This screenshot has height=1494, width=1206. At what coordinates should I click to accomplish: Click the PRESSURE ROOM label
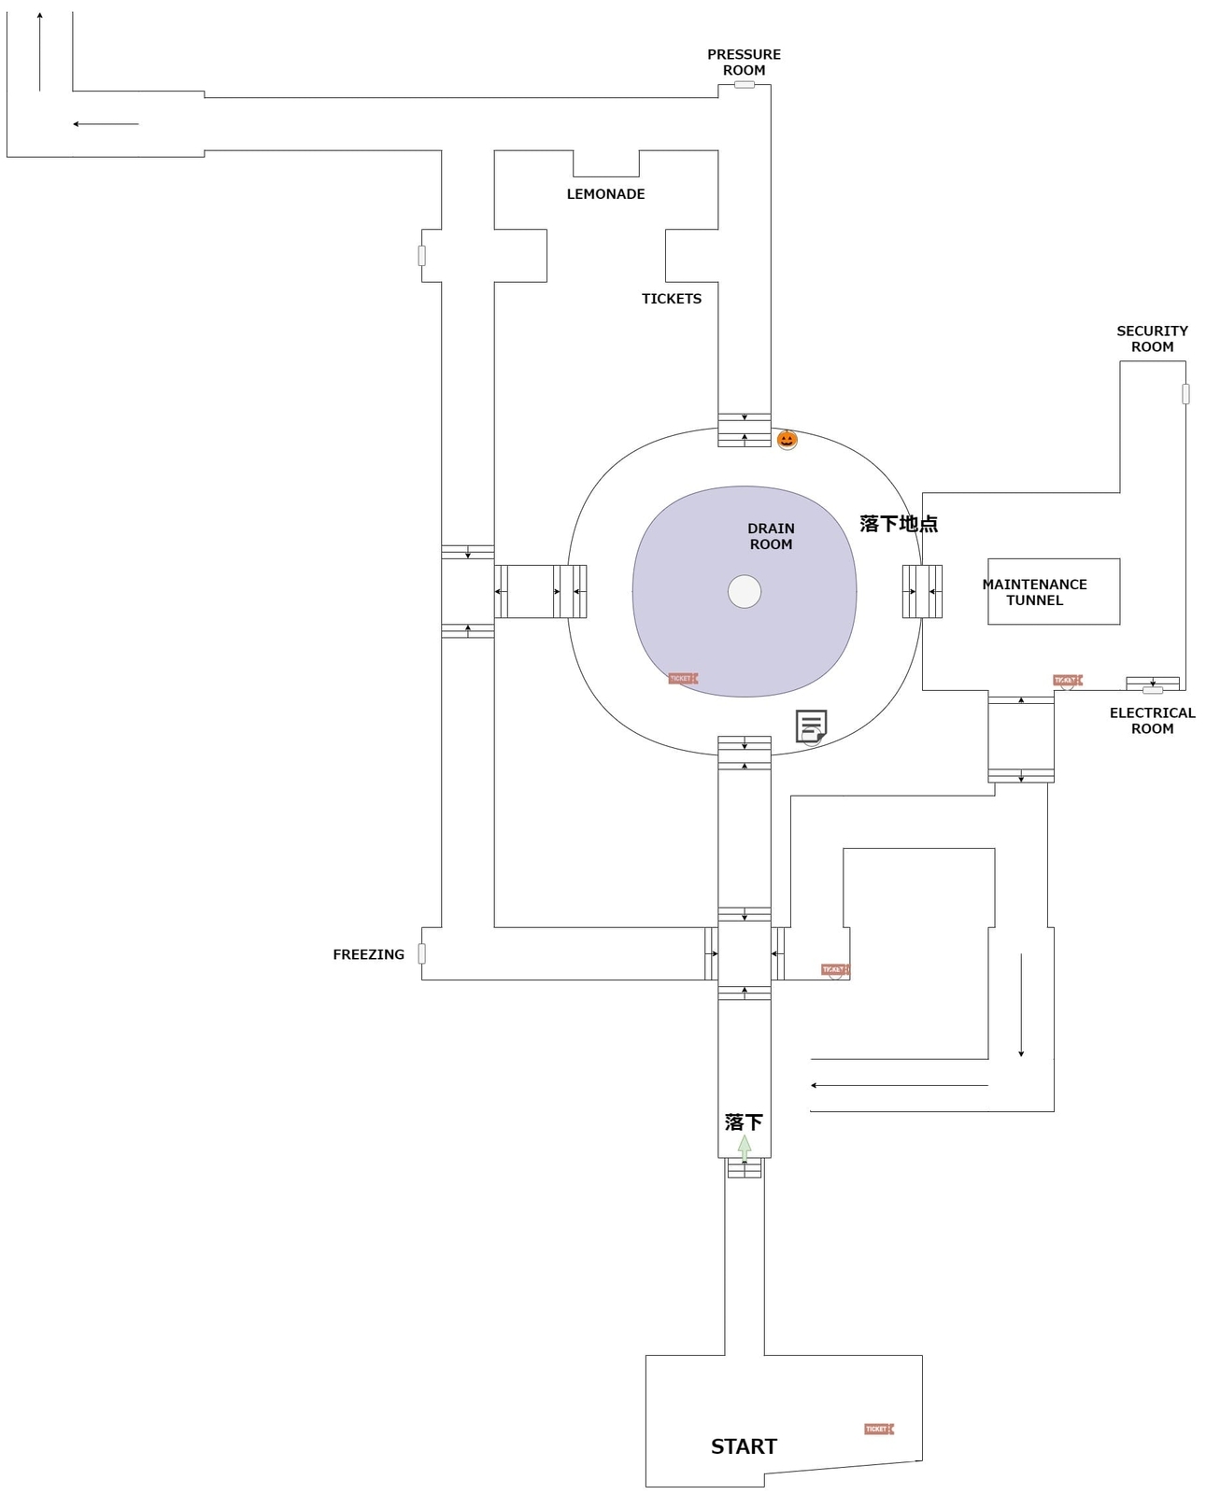pyautogui.click(x=744, y=63)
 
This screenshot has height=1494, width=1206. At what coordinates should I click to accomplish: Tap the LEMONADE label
pyautogui.click(x=605, y=194)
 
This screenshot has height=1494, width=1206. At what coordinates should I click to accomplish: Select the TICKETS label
pyautogui.click(x=671, y=299)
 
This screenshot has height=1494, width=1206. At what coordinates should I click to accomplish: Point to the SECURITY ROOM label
pyautogui.click(x=1152, y=339)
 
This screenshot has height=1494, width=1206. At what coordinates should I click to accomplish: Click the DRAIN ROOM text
pyautogui.click(x=771, y=536)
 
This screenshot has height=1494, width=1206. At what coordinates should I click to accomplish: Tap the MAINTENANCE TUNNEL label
pyautogui.click(x=1034, y=592)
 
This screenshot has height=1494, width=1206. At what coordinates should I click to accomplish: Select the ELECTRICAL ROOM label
pyautogui.click(x=1152, y=720)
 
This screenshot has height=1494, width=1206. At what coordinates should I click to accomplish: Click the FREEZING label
pyautogui.click(x=368, y=954)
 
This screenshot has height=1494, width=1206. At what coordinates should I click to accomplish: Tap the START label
pyautogui.click(x=744, y=1445)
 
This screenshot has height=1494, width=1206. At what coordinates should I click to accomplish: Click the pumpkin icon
pyautogui.click(x=787, y=439)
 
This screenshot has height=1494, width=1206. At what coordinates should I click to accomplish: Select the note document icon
pyautogui.click(x=811, y=726)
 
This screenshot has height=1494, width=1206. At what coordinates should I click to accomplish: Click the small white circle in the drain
pyautogui.click(x=745, y=591)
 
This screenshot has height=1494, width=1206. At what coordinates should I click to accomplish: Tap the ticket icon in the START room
pyautogui.click(x=878, y=1429)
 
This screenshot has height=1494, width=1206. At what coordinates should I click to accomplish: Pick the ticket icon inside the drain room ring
pyautogui.click(x=683, y=678)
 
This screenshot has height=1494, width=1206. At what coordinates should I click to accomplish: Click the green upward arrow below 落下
pyautogui.click(x=745, y=1147)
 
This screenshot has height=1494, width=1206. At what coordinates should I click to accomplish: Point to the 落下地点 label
pyautogui.click(x=899, y=524)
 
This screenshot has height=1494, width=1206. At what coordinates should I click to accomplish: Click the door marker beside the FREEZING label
pyautogui.click(x=421, y=953)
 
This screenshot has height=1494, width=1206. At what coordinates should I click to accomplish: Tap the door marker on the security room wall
pyautogui.click(x=1185, y=394)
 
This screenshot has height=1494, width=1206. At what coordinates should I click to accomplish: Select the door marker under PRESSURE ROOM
pyautogui.click(x=744, y=85)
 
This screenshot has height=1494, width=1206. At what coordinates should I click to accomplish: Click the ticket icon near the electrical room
pyautogui.click(x=1067, y=681)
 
